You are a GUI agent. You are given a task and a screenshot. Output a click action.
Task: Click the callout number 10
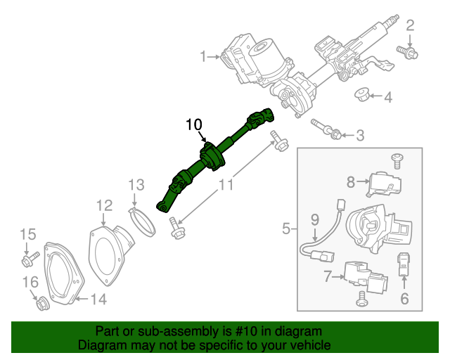tap(193, 124)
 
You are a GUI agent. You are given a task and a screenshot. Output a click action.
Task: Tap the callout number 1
tap(203, 56)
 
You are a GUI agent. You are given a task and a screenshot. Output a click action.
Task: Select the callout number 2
tap(410, 27)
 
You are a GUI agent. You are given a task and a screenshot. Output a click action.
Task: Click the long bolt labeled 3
tap(328, 129)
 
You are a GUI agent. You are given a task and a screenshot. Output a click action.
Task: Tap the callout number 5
tap(286, 228)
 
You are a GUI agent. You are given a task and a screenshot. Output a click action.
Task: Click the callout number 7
tap(327, 276)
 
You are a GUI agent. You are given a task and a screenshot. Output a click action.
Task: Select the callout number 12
tap(104, 205)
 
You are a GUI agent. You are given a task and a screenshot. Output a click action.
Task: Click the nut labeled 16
tap(41, 304)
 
